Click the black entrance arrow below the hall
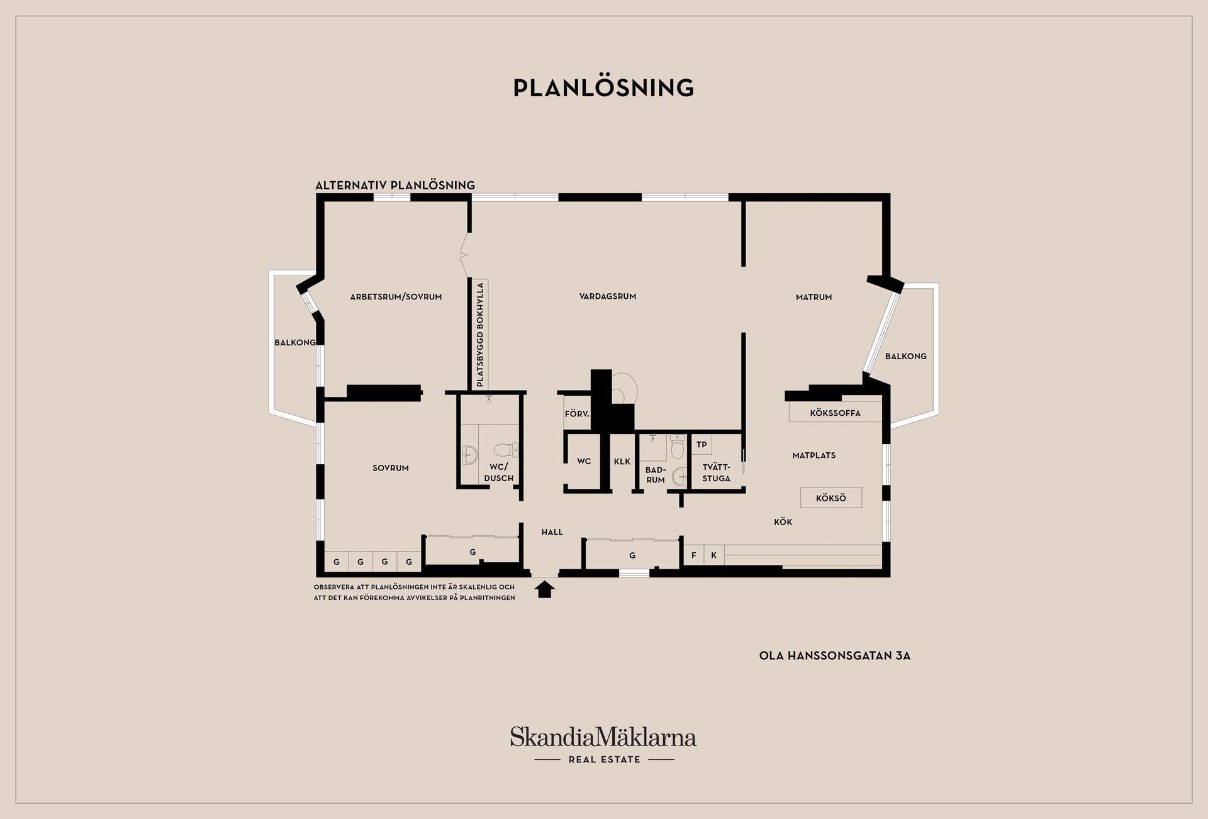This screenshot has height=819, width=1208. click(545, 589)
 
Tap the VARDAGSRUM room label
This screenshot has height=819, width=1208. click(608, 296)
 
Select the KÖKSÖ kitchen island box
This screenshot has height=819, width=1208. click(831, 498)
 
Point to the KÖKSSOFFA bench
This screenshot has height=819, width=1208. click(836, 412)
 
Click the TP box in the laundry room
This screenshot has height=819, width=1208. click(702, 444)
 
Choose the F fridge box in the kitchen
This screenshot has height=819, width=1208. click(694, 555)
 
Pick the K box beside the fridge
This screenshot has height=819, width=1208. click(714, 555)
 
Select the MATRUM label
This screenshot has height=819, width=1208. click(814, 297)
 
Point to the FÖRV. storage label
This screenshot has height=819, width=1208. click(577, 414)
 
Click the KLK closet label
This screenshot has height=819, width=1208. click(622, 461)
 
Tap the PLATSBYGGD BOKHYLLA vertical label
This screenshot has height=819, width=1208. click(480, 334)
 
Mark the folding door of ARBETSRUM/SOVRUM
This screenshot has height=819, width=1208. click(465, 255)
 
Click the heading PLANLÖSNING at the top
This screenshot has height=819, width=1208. click(604, 87)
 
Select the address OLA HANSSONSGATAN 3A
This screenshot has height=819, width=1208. click(835, 655)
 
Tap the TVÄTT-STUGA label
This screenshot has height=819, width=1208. click(716, 472)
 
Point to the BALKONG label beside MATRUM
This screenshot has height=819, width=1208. click(906, 356)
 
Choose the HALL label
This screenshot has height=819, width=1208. click(552, 532)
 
